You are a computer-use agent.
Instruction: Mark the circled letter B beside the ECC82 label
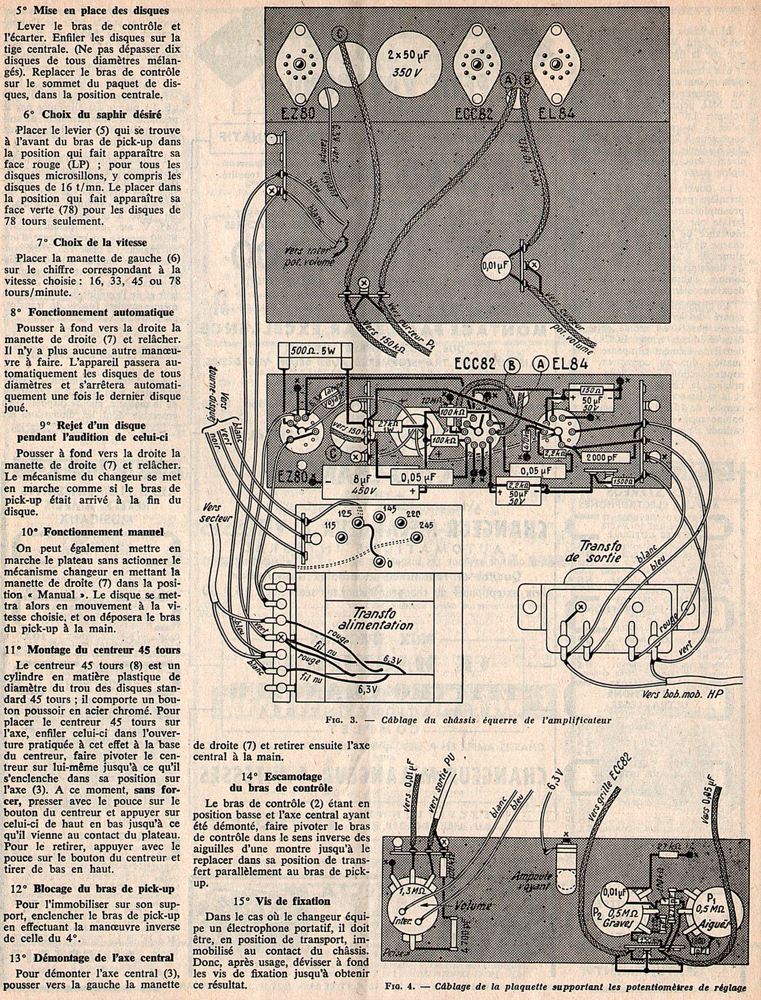coord(510,365)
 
